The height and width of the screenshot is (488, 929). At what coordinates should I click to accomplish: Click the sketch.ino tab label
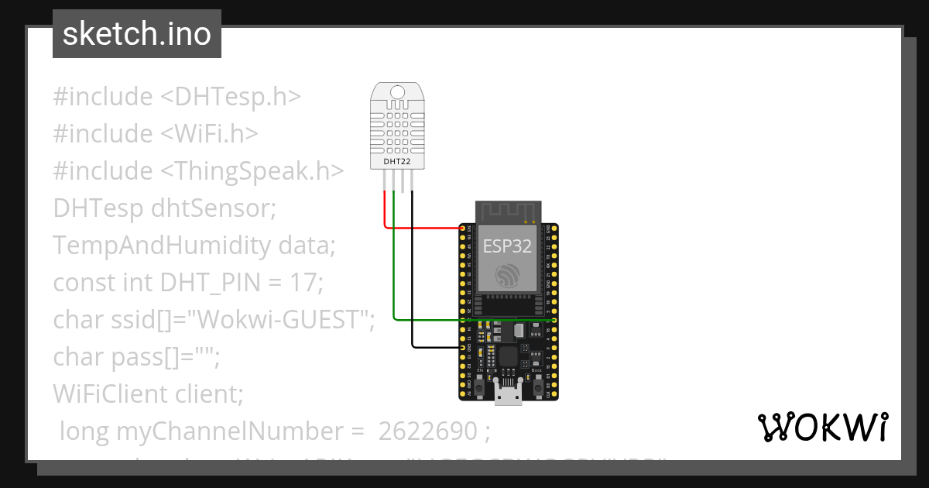[x=136, y=34]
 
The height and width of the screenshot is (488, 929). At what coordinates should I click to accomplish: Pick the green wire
[x=464, y=318]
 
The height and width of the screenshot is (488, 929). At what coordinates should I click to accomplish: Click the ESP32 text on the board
[x=508, y=246]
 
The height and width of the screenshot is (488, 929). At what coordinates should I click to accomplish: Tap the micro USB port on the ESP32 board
[x=509, y=397]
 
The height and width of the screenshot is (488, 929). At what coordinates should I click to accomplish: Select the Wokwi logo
[x=822, y=427]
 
